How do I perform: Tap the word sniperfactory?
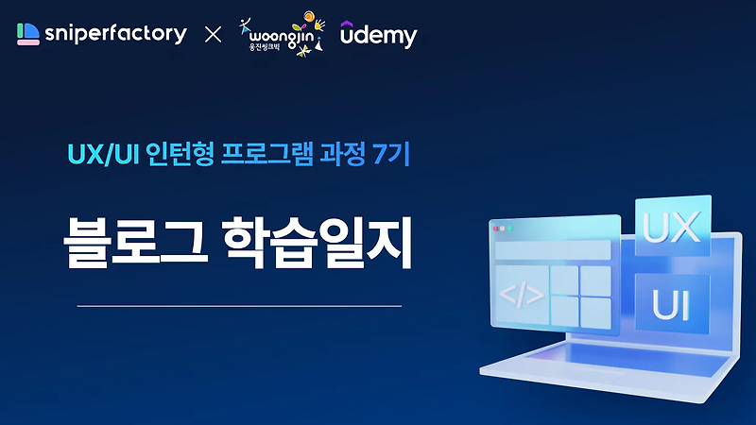coord(114,35)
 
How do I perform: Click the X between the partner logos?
coord(213,36)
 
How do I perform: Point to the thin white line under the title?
coord(238,306)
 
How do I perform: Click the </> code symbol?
coord(521,297)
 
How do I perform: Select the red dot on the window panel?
coord(495,229)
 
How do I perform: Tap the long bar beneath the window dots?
coord(553,250)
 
